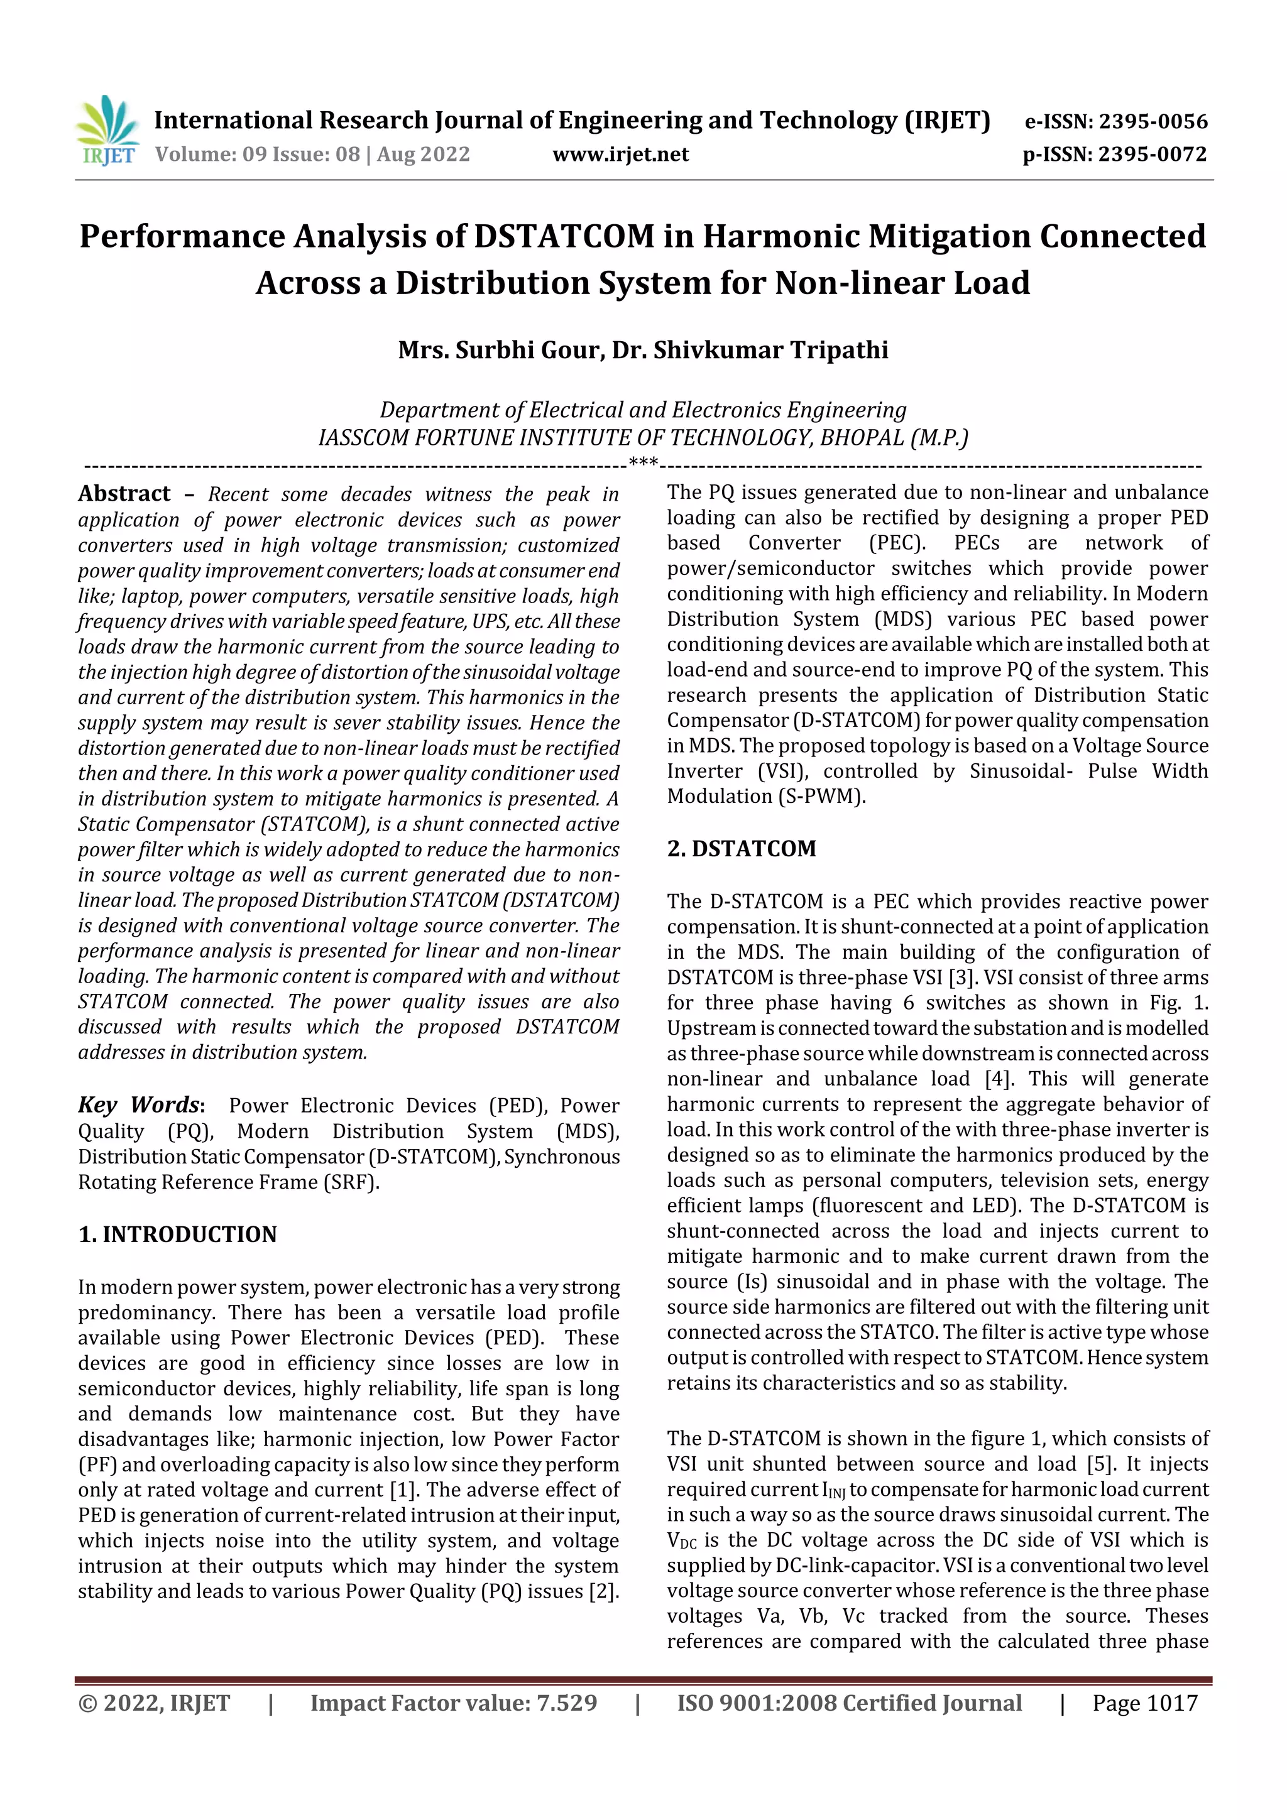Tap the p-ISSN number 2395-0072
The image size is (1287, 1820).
coord(1152,155)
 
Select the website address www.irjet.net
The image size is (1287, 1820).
coord(620,155)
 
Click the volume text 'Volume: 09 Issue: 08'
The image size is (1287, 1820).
coord(257,155)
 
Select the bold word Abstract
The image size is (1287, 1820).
coord(124,494)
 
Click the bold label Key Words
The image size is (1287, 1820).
coord(140,1105)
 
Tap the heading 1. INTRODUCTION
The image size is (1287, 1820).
coord(178,1234)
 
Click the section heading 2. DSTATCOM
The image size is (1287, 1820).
coord(742,849)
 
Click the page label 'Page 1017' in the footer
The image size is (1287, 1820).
coord(1144,1703)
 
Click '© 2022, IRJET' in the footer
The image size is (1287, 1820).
coord(154,1703)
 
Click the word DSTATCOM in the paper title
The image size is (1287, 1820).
coord(564,237)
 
